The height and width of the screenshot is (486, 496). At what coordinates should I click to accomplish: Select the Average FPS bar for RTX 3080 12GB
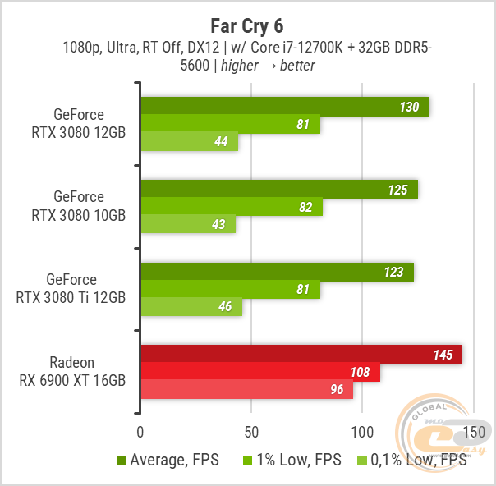tap(285, 107)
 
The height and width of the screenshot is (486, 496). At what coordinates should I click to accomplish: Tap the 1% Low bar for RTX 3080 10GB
tap(231, 207)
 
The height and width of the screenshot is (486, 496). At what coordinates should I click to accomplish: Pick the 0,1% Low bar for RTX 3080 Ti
tap(191, 307)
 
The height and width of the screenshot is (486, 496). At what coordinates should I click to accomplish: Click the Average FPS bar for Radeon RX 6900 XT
tap(301, 355)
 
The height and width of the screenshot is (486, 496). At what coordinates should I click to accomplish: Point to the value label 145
tap(443, 355)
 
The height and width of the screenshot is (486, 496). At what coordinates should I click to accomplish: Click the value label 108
tap(360, 372)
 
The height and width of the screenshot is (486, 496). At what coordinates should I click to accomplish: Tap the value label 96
tap(337, 389)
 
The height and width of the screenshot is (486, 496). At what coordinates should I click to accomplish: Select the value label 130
tap(409, 107)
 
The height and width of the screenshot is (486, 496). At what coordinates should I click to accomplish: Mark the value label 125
tap(397, 190)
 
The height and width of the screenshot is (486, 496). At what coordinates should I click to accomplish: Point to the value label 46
tap(225, 307)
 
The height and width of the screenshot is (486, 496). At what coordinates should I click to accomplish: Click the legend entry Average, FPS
tap(168, 461)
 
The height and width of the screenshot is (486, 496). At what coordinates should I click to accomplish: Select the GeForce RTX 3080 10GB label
tap(79, 205)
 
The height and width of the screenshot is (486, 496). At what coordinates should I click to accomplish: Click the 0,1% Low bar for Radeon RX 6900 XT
tap(246, 389)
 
